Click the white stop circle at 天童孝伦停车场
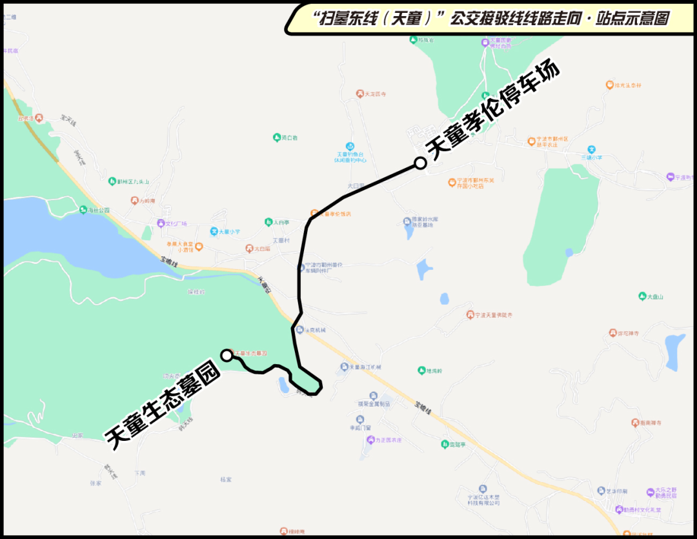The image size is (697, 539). (x=420, y=163)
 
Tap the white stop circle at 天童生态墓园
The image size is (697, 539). (x=227, y=354)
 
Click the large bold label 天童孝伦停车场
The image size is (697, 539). (x=494, y=112)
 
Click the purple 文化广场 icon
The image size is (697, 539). (x=161, y=223)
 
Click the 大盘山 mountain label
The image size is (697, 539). (x=651, y=296)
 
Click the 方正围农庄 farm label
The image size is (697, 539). (x=385, y=440)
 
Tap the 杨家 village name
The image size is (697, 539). (x=226, y=480)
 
